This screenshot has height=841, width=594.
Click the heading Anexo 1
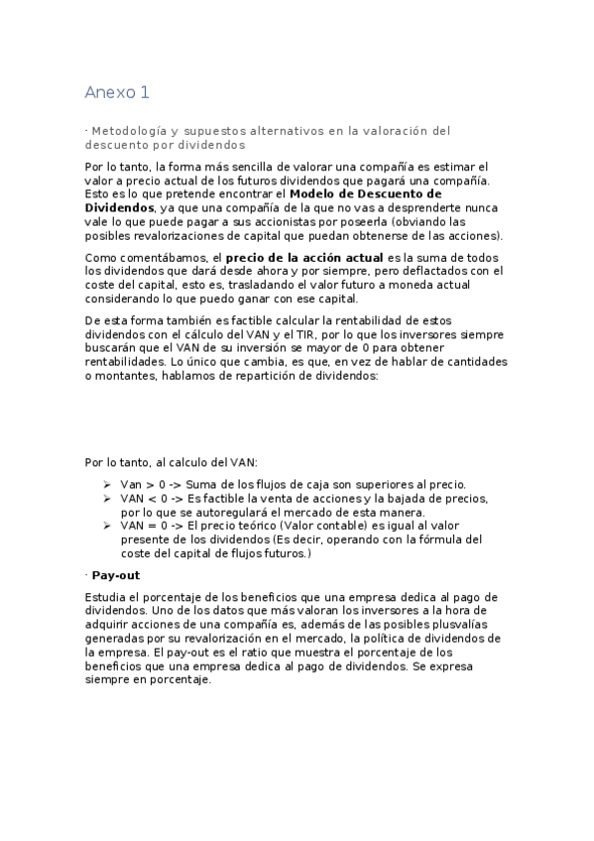pyautogui.click(x=116, y=92)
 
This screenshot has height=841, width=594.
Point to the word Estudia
pyautogui.click(x=107, y=597)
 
